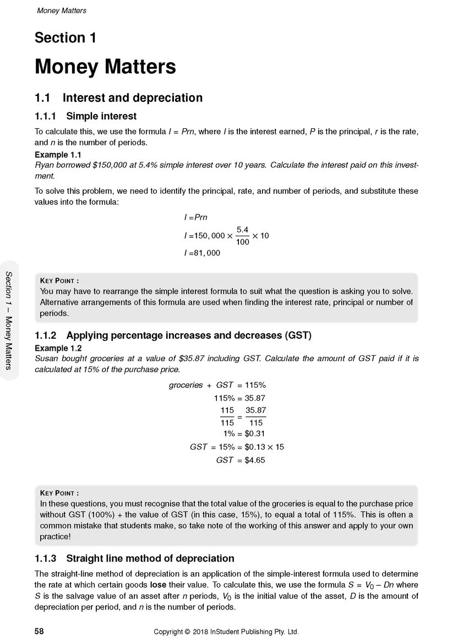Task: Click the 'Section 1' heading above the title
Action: [x=66, y=38]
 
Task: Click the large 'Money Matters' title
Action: [x=105, y=67]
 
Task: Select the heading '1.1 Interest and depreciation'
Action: [x=118, y=98]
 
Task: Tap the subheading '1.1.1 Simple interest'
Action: [x=85, y=116]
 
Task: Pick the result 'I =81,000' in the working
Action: [x=202, y=253]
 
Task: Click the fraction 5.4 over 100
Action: [x=242, y=235]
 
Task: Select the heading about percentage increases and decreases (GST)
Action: [x=173, y=335]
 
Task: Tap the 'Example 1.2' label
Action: [x=58, y=348]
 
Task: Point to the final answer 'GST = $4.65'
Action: [x=240, y=460]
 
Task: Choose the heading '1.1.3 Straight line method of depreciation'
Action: [x=134, y=558]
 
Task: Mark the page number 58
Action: [x=39, y=632]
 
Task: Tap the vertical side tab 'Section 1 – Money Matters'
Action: [x=9, y=320]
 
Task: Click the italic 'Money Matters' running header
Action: [x=61, y=10]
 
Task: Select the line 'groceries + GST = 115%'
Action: [x=217, y=385]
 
